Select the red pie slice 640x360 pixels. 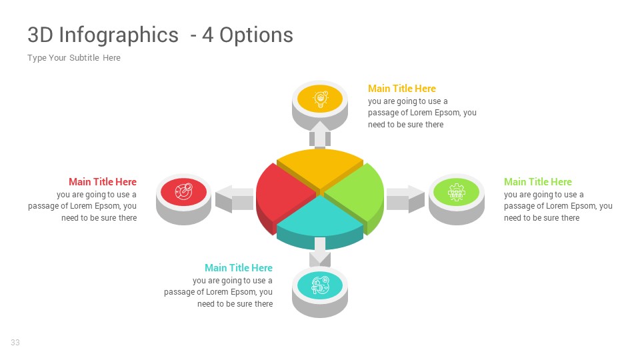pos(280,193)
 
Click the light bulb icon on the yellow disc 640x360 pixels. pos(321,99)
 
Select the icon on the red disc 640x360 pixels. pos(183,192)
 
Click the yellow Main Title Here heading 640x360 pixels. pos(402,89)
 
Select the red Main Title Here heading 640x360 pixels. pos(103,182)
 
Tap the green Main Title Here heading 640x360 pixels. pos(538,182)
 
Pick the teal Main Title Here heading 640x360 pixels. pos(239,268)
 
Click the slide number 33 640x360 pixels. pos(15,343)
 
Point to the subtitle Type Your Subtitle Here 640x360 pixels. pos(74,58)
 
